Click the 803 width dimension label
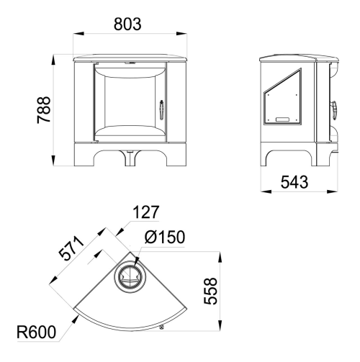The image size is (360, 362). coord(127,24)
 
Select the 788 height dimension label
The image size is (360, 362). coord(44,110)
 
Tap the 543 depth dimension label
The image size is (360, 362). coord(294,182)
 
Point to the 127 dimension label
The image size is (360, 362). coord(146,212)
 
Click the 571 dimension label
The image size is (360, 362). coord(72,248)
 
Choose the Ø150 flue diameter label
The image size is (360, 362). coord(165,237)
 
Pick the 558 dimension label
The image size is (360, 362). coord(210,291)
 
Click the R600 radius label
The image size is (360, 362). coord(36,332)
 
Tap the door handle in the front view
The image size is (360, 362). coord(161,109)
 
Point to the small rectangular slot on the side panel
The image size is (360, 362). coord(282,119)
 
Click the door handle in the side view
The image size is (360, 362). coord(334,110)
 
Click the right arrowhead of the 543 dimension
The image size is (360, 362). coord(333,191)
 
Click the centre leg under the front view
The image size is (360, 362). coord(130,158)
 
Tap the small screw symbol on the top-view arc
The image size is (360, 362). coord(161,327)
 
